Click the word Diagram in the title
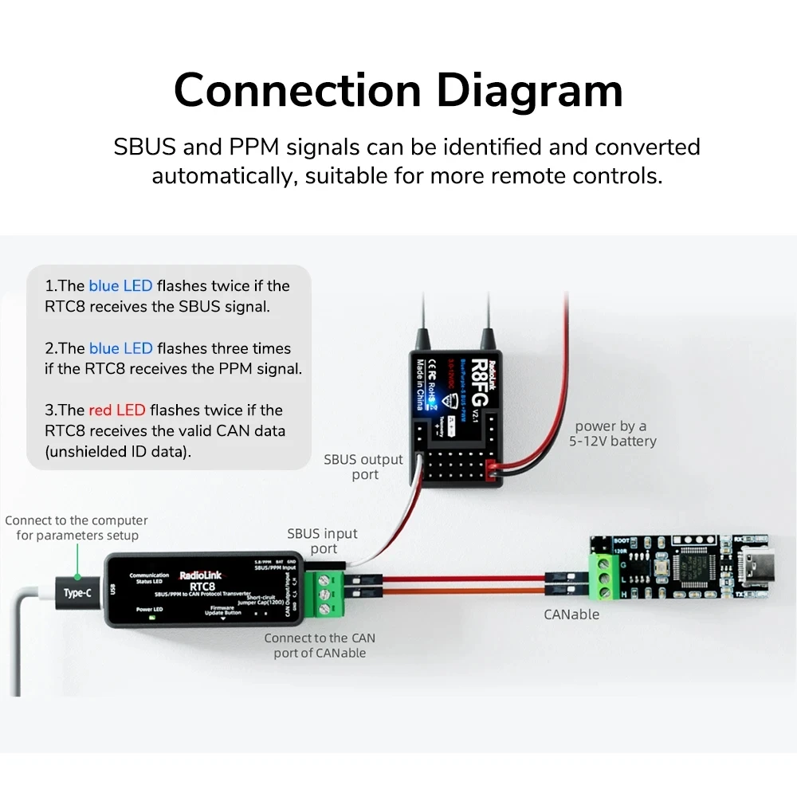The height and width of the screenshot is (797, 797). click(529, 90)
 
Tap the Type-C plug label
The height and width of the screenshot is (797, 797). click(77, 593)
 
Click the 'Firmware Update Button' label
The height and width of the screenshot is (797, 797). click(222, 610)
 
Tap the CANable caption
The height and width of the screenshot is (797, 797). click(571, 614)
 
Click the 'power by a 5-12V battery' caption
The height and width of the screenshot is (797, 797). click(611, 434)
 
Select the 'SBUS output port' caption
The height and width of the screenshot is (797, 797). click(363, 467)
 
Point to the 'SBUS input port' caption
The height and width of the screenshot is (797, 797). click(323, 540)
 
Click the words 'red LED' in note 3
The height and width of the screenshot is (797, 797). click(117, 410)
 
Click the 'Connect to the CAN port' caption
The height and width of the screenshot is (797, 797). click(320, 645)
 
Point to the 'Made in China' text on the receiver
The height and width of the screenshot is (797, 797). click(419, 383)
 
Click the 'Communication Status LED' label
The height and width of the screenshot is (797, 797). click(149, 578)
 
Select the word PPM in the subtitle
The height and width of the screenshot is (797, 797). click(255, 147)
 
